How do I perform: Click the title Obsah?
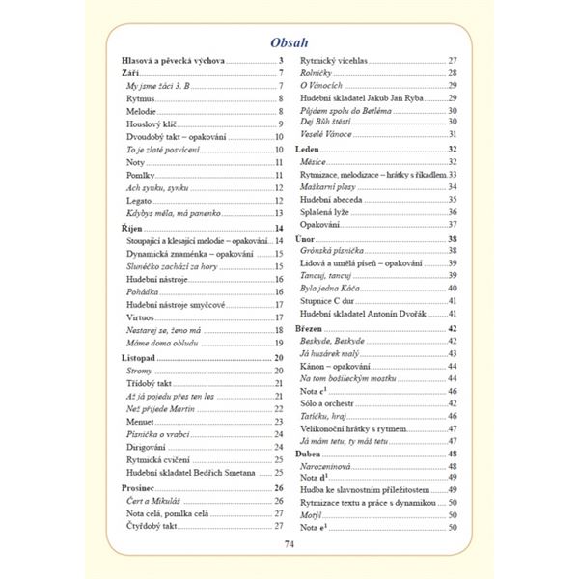289,43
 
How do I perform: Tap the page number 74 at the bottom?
289,543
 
